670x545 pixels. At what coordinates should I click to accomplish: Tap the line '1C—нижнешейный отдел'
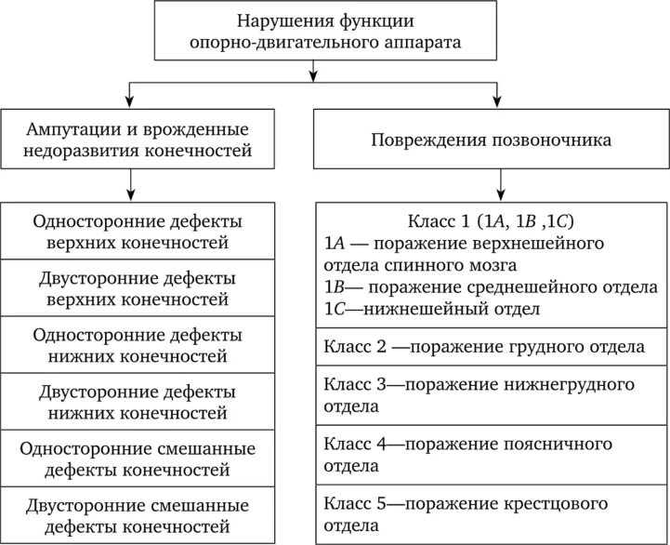433,308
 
